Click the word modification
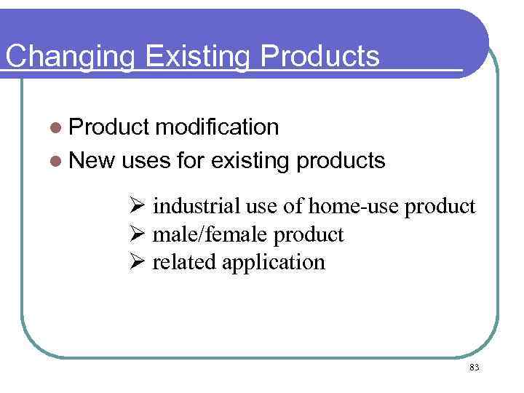tap(217, 127)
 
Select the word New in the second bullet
tap(92, 160)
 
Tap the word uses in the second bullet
tap(148, 160)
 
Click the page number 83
tap(474, 368)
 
